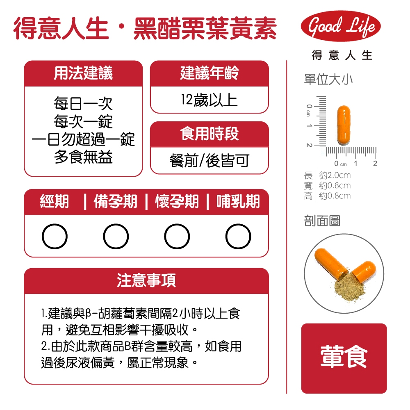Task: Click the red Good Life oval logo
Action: (341, 26)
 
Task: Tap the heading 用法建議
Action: (83, 73)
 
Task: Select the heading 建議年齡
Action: (210, 73)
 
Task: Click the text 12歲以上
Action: (209, 100)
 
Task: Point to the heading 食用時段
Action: (210, 134)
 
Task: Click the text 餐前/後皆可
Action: (209, 160)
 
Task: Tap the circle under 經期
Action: (55, 237)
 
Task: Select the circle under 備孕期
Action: (116, 237)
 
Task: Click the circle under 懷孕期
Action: (177, 237)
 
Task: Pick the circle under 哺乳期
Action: (238, 237)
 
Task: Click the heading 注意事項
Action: (146, 280)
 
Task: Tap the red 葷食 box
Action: (344, 358)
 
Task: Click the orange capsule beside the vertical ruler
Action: (344, 125)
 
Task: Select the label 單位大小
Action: (328, 79)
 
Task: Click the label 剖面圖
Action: (322, 221)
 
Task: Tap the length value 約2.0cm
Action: (335, 175)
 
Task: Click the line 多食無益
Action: (83, 157)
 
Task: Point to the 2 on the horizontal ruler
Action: (375, 164)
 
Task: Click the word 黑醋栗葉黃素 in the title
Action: (205, 28)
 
